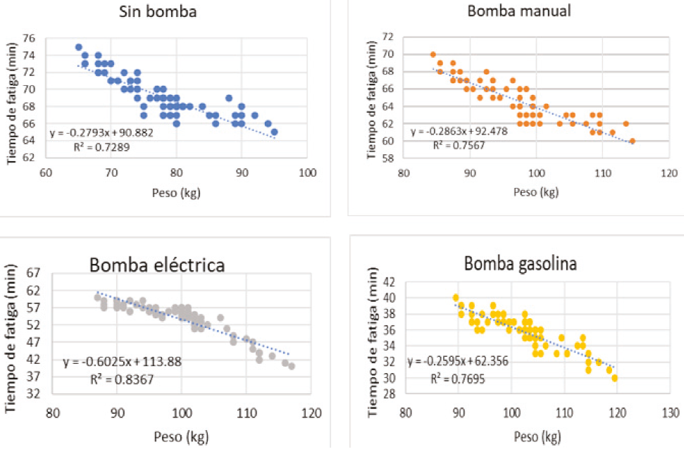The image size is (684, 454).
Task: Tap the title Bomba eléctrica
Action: (x=156, y=265)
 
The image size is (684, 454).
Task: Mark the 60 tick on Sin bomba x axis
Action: (x=46, y=171)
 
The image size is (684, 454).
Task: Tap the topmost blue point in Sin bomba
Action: (x=79, y=47)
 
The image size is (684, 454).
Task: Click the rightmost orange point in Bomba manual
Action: (x=633, y=141)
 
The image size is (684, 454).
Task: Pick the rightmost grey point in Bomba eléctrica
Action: (x=292, y=366)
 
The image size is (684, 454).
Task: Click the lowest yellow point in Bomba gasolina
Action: (x=615, y=378)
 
